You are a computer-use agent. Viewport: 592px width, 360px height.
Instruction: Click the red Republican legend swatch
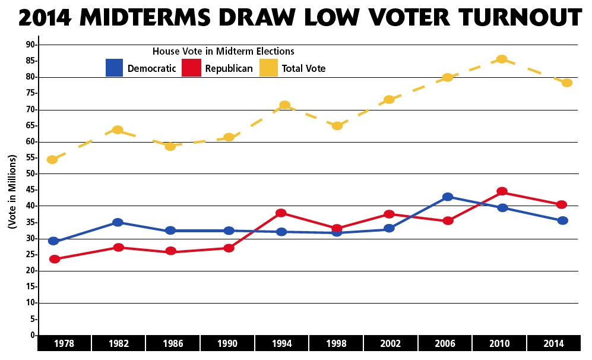click(x=192, y=68)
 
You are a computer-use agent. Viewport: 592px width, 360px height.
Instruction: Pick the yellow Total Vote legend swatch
click(x=269, y=68)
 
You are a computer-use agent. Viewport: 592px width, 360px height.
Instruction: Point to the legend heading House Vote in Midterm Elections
click(x=223, y=51)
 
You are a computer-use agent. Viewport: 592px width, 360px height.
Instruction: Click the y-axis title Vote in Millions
click(x=12, y=191)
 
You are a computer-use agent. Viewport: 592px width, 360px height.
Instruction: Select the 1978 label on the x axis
click(x=64, y=343)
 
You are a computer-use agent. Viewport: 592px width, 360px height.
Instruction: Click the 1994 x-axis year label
click(x=282, y=343)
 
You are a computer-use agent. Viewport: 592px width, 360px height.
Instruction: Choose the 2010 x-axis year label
click(x=500, y=343)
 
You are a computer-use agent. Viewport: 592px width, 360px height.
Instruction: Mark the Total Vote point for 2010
click(x=502, y=59)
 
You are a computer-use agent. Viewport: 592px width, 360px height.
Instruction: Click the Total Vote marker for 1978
click(x=52, y=159)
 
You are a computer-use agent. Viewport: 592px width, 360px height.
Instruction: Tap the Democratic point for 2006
click(x=448, y=197)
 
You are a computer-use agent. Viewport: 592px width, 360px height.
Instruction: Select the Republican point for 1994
click(x=281, y=213)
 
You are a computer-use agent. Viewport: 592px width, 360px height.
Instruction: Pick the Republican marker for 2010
click(x=502, y=191)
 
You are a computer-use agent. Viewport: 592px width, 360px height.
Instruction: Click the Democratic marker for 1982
click(x=118, y=222)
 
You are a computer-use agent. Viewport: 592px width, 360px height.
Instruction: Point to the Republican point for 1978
click(x=55, y=259)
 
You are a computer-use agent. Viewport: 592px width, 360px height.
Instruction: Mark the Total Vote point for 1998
click(x=337, y=125)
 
